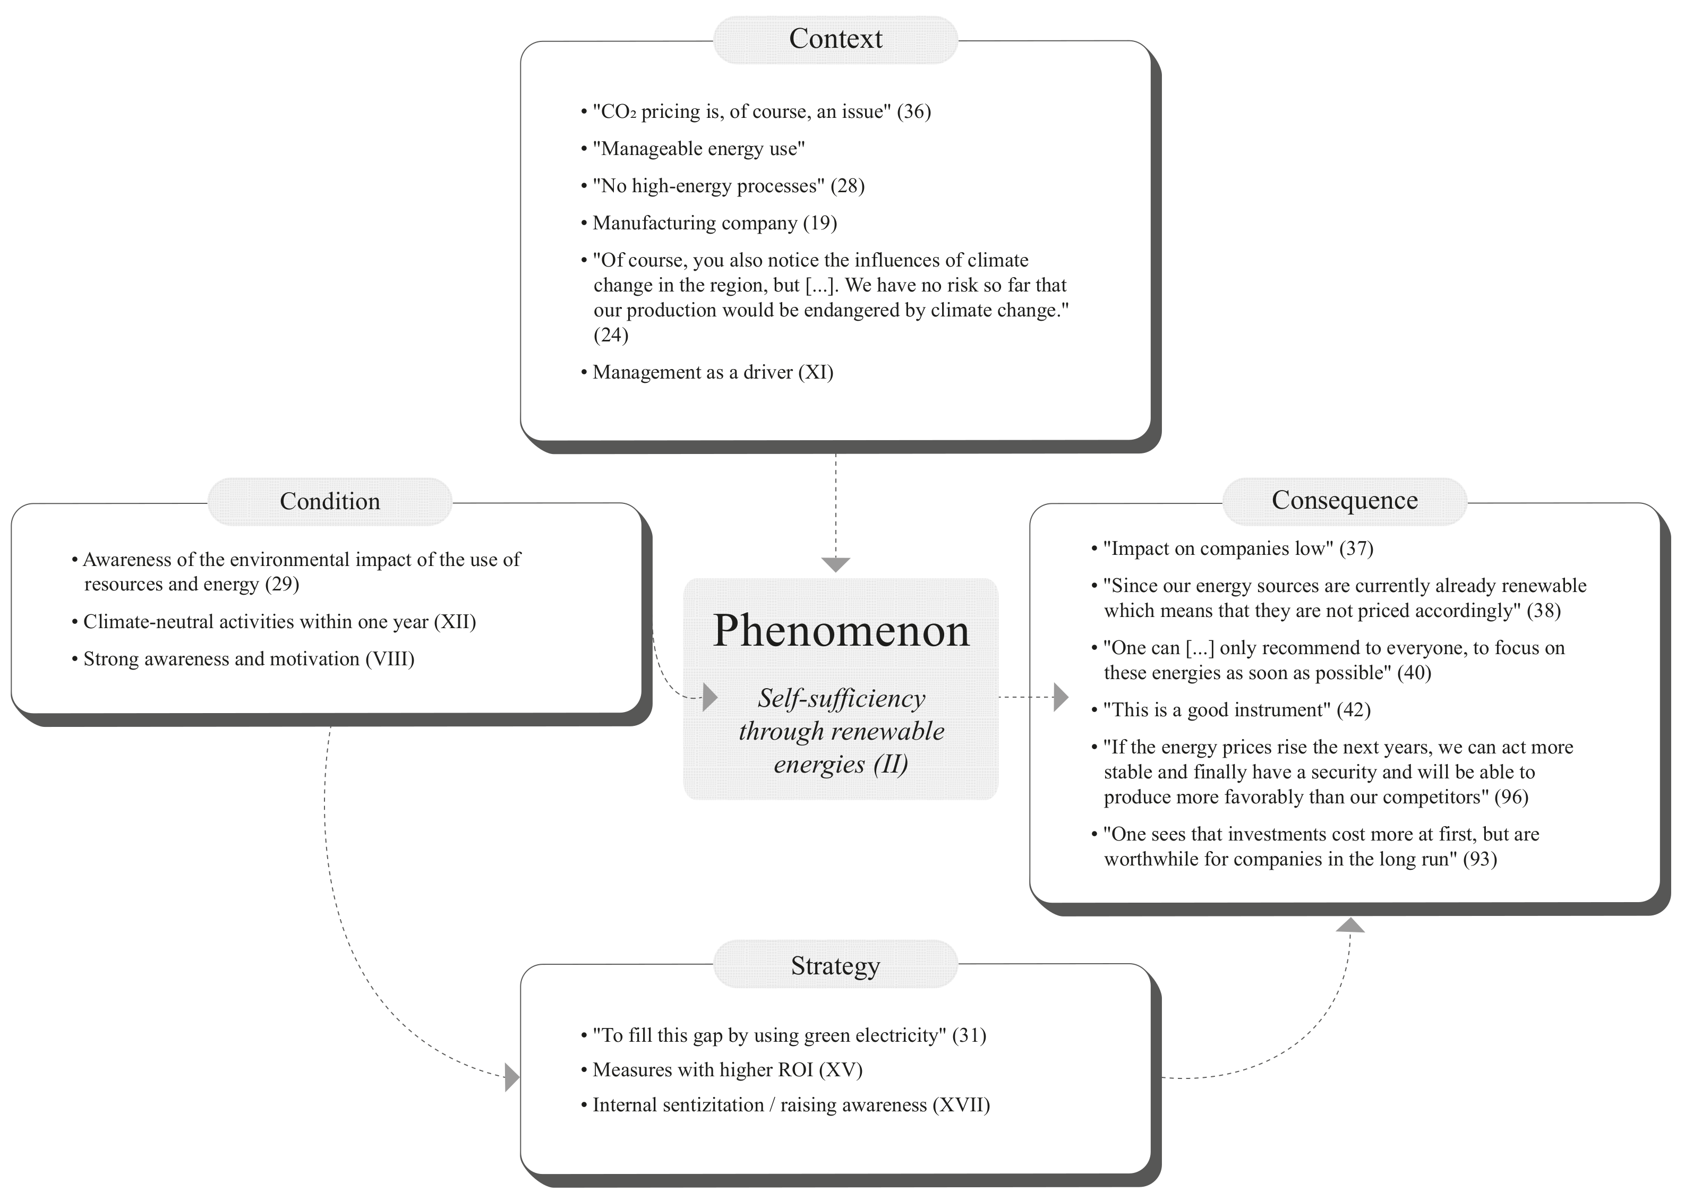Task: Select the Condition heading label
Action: [x=330, y=501]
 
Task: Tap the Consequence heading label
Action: [x=1344, y=500]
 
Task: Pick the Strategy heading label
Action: [x=835, y=966]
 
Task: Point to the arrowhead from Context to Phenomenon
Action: [x=836, y=564]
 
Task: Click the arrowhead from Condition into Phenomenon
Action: [x=709, y=697]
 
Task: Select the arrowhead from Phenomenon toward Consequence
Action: [x=1060, y=697]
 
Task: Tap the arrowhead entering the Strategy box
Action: [x=511, y=1077]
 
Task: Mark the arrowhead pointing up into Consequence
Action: [x=1350, y=924]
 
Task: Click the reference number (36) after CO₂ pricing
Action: [x=913, y=112]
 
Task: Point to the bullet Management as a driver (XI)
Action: [x=713, y=372]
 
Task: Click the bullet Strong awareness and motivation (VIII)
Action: [x=249, y=658]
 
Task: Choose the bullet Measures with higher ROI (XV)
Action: [x=727, y=1069]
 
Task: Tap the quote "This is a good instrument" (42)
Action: [x=1236, y=709]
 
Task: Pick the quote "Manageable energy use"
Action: [x=698, y=149]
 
